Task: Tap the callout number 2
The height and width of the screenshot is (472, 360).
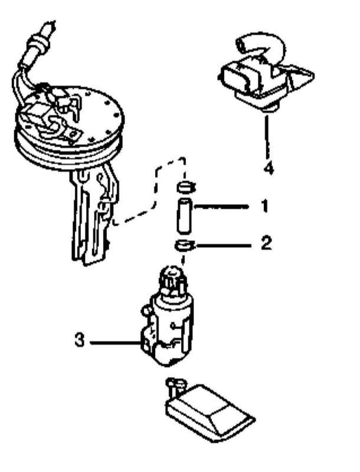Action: (x=266, y=242)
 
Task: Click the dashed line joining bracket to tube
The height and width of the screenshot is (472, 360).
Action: (x=156, y=189)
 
